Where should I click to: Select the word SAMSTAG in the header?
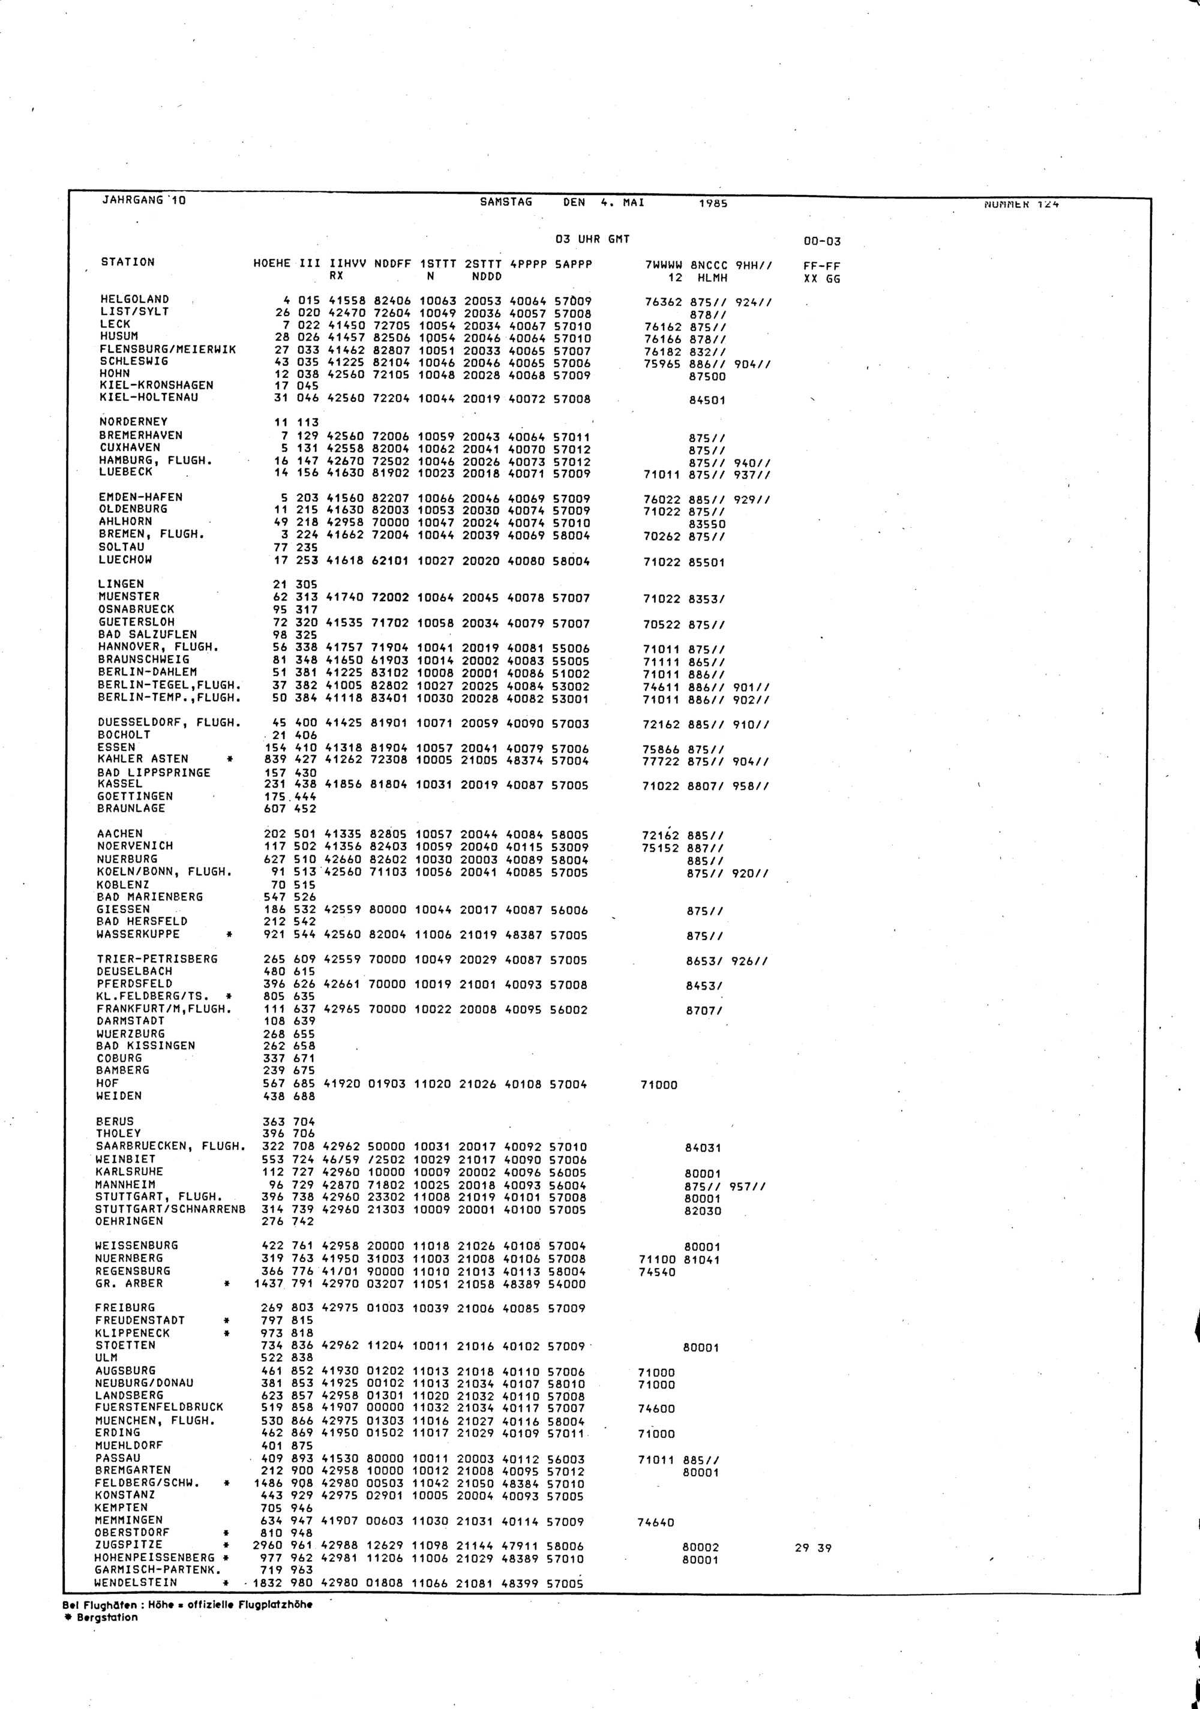506,202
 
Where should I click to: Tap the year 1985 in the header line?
713,203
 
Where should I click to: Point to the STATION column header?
128,262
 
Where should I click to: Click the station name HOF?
107,1083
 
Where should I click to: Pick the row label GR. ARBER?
129,1283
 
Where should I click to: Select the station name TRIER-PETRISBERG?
157,959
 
